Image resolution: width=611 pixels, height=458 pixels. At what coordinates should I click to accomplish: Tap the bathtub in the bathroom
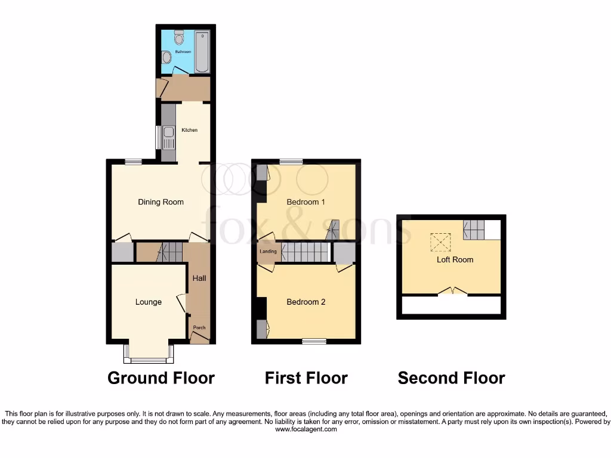(202, 51)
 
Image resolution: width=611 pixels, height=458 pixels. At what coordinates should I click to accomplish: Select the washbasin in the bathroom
(166, 57)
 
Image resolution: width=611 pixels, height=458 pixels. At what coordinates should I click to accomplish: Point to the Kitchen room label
(189, 130)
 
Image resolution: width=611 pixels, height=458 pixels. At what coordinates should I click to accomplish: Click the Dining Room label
(161, 202)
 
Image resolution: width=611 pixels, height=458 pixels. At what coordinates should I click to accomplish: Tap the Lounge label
(148, 302)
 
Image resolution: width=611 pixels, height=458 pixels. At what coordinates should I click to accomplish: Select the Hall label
(199, 278)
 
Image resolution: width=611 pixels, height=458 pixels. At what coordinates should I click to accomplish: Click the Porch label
(199, 327)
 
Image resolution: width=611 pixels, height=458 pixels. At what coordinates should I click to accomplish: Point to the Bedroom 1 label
(305, 202)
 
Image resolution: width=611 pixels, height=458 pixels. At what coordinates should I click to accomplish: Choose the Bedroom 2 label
(305, 302)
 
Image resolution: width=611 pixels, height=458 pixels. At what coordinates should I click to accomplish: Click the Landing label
(268, 252)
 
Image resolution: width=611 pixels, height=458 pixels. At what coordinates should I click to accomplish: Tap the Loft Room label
(455, 259)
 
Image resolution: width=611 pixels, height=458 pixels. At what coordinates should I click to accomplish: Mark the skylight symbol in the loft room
(442, 242)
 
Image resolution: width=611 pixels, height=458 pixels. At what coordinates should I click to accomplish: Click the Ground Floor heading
(161, 377)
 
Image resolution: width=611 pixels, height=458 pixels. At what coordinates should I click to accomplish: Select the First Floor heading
(306, 377)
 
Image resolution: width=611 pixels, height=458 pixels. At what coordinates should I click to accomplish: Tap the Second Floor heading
(451, 377)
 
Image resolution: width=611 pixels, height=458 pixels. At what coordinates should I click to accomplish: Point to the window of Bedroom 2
(314, 341)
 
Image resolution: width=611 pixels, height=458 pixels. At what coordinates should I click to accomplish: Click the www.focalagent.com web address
(305, 428)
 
